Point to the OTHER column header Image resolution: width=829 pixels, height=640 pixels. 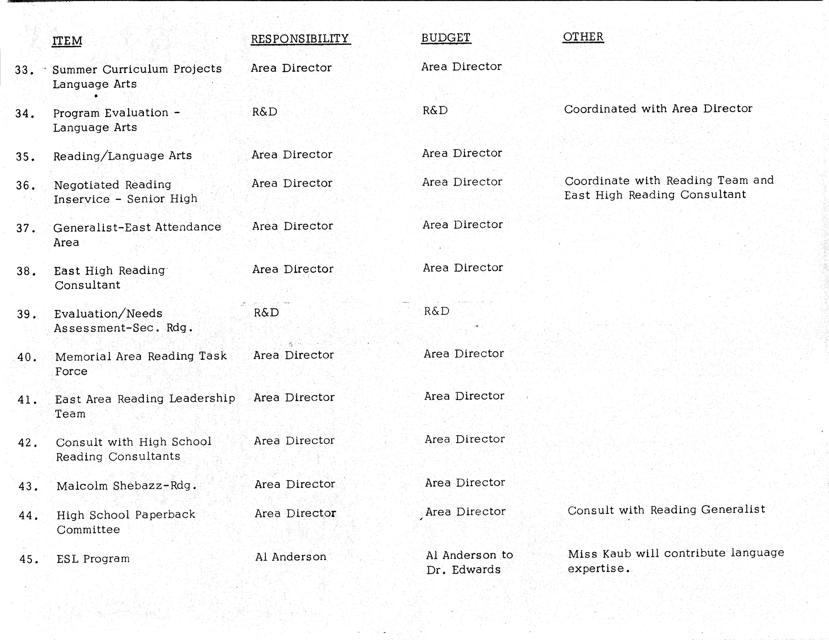click(x=583, y=37)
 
